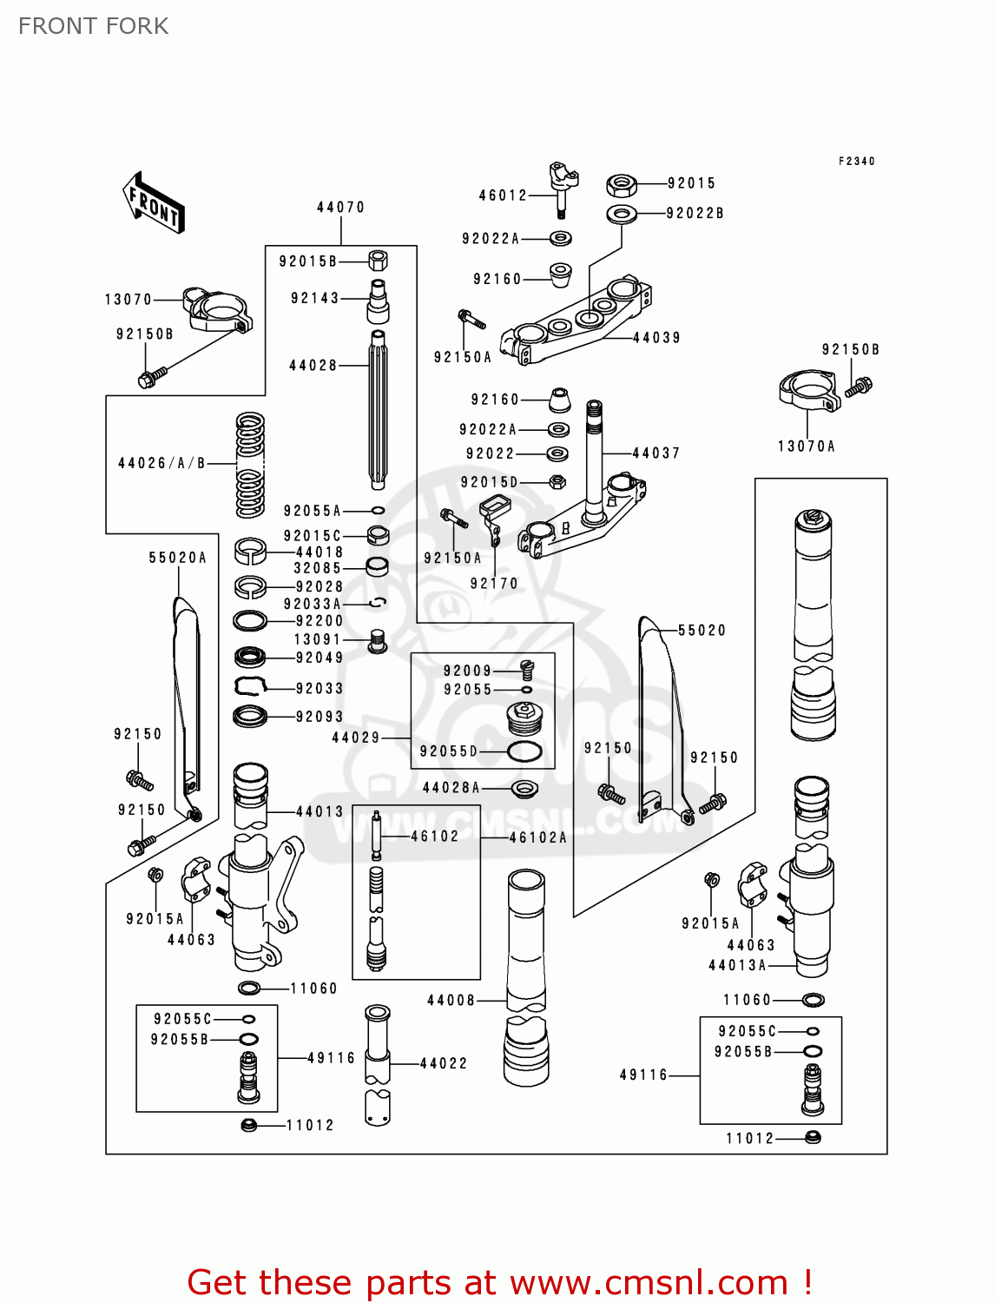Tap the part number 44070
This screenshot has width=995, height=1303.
340,208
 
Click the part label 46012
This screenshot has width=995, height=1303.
503,195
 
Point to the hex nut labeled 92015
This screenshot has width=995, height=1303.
621,185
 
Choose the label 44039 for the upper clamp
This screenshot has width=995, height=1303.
656,338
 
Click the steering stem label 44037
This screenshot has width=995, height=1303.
656,453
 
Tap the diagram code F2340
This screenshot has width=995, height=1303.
856,162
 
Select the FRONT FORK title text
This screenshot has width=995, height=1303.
94,26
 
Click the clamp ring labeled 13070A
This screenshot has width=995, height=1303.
808,392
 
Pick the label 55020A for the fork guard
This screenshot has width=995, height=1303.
178,558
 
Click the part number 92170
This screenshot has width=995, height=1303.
493,584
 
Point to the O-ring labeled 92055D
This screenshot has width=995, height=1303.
524,751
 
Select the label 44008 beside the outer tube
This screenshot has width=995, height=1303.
451,1001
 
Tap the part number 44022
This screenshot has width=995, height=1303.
443,1063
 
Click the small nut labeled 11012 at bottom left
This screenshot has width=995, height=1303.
249,1126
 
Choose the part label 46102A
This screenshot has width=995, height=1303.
537,837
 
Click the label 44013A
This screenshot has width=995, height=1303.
737,965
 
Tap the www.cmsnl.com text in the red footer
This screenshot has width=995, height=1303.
648,1283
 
